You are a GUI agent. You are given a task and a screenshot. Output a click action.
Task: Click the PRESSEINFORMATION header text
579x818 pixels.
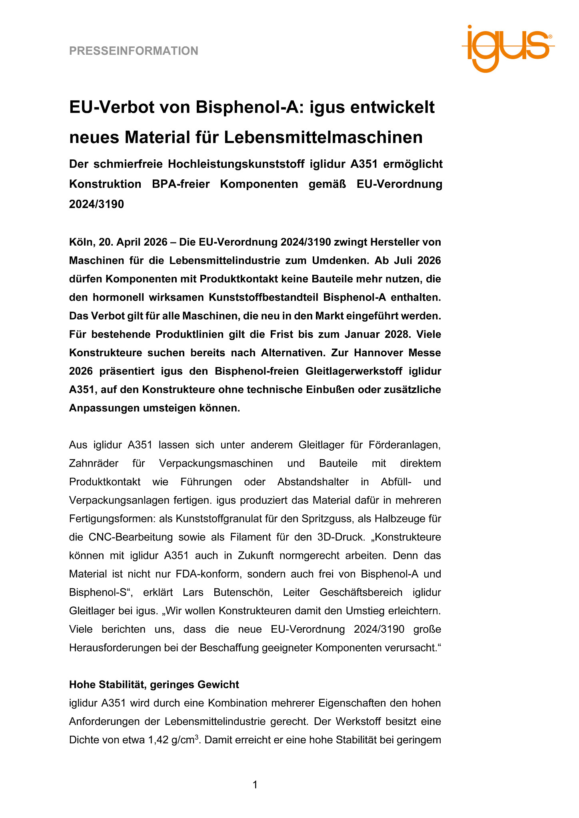(x=134, y=51)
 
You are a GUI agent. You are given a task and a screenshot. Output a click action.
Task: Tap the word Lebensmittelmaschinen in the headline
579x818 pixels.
(x=323, y=137)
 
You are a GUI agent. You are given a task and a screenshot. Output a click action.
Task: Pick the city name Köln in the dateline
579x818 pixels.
(x=81, y=242)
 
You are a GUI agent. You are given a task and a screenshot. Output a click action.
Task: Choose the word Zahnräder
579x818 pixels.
(x=94, y=463)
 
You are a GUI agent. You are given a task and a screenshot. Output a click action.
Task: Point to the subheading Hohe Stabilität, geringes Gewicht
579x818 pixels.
(x=154, y=685)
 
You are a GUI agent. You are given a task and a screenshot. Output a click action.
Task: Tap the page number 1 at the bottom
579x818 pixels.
(x=256, y=785)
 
